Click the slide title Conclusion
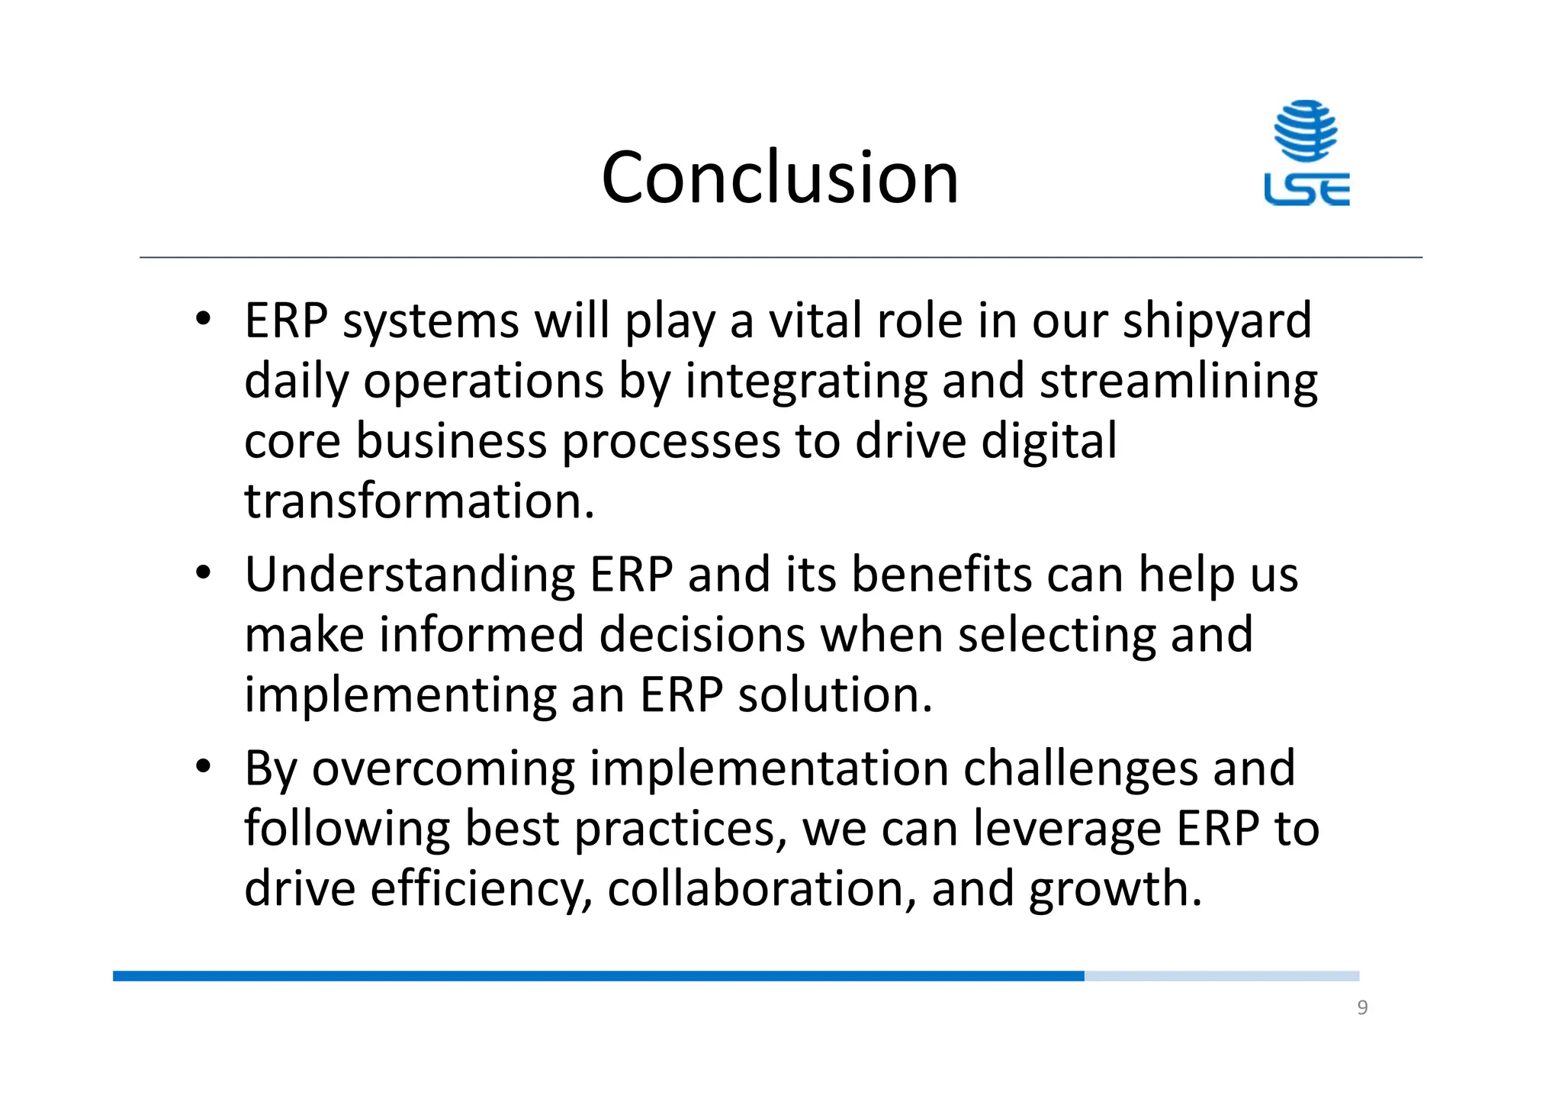(x=779, y=178)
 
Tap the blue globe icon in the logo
(x=1306, y=130)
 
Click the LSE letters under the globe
(x=1306, y=189)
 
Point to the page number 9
(x=1362, y=1008)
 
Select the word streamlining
(x=1178, y=381)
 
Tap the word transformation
(x=419, y=501)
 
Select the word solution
(x=834, y=694)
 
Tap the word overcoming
(x=443, y=768)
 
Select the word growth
(x=1114, y=889)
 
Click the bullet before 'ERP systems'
(x=202, y=320)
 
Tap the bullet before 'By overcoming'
(x=202, y=767)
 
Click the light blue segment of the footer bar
(x=1221, y=976)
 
